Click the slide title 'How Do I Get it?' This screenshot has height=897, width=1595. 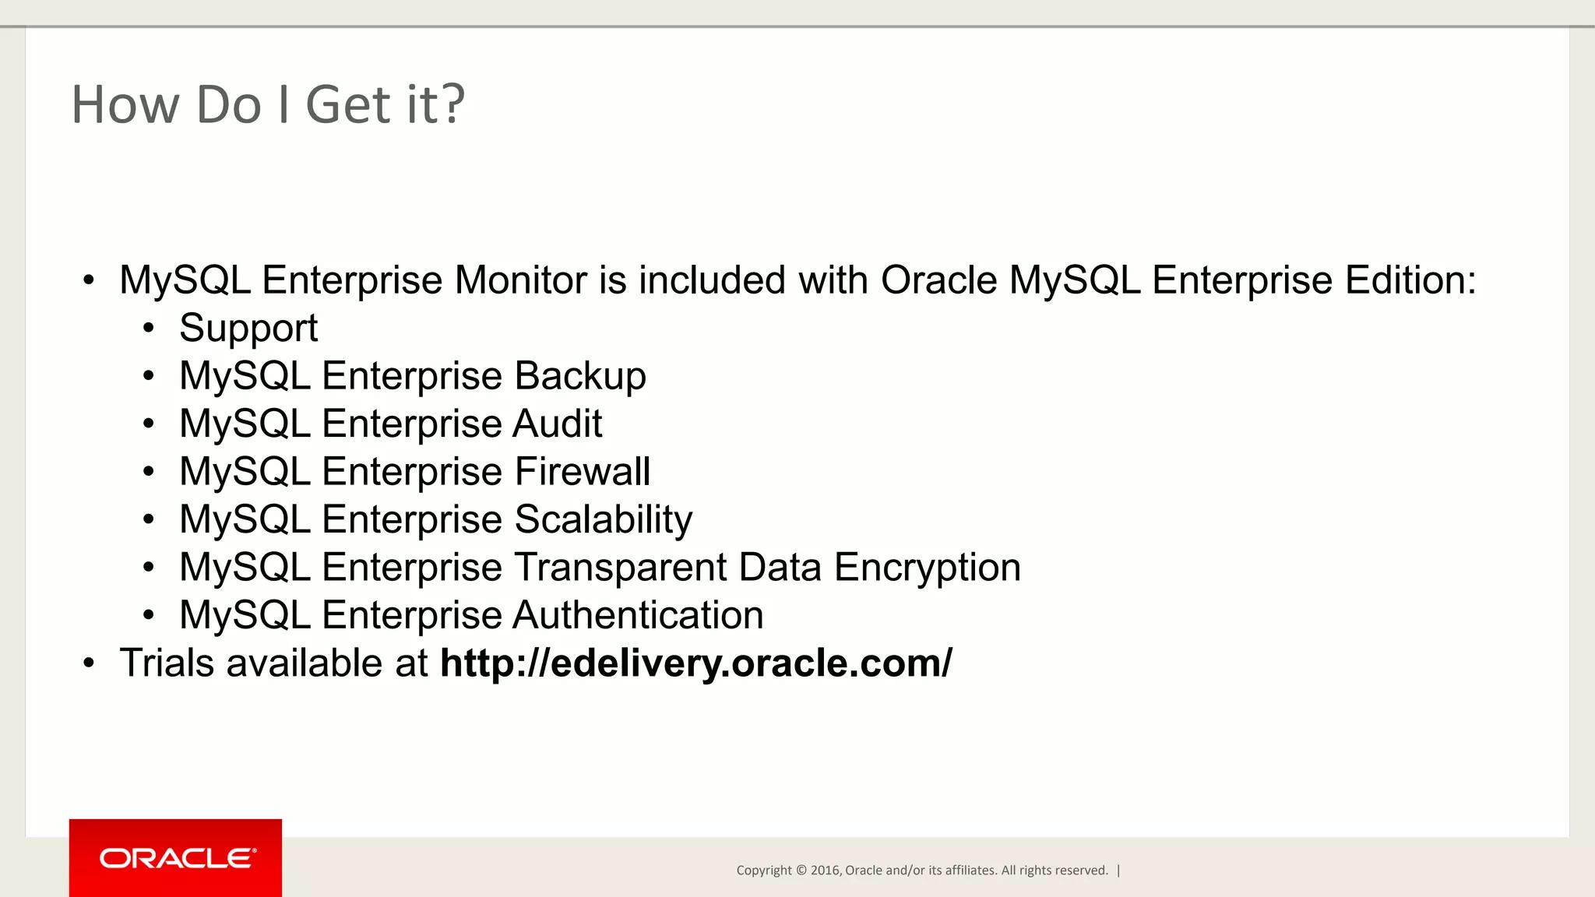coord(268,104)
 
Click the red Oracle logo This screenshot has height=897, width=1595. coord(175,857)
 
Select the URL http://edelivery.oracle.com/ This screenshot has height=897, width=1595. coord(695,663)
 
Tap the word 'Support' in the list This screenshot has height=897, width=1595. coord(248,329)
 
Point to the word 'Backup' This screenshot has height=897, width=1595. coord(580,376)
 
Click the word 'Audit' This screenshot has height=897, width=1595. coord(558,424)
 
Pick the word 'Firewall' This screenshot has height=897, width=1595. coord(583,472)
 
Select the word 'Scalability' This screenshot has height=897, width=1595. coord(604,519)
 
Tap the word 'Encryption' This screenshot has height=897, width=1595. coord(927,568)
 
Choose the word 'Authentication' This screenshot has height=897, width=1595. coord(638,615)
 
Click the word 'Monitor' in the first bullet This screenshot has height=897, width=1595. coord(521,280)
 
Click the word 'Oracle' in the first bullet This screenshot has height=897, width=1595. coord(938,280)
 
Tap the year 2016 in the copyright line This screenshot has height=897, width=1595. coord(825,871)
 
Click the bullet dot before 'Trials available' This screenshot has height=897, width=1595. coord(89,663)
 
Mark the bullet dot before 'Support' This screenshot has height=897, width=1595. coord(149,329)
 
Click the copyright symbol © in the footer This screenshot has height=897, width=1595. coord(801,871)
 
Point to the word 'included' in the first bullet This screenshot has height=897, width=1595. coord(712,280)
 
